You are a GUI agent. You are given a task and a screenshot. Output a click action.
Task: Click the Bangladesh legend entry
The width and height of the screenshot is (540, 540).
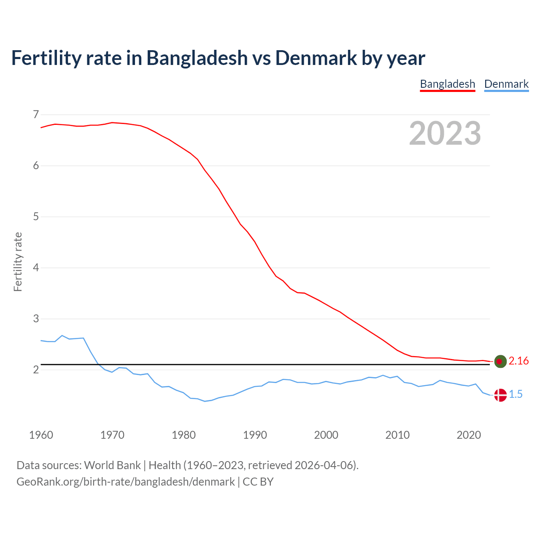click(x=447, y=84)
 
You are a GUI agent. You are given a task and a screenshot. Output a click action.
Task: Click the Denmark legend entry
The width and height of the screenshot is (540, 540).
click(x=506, y=84)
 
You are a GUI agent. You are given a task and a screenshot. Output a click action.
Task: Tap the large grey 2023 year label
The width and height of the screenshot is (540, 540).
click(x=445, y=133)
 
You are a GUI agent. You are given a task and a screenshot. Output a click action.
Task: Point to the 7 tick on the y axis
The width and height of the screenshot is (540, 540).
click(x=35, y=114)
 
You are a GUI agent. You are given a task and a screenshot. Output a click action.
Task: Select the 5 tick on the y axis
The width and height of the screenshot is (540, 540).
click(x=35, y=217)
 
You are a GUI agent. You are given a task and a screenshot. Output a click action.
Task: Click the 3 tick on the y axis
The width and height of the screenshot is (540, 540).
click(x=35, y=319)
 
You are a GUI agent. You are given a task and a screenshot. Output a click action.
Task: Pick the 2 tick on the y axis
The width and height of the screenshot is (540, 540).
click(x=35, y=370)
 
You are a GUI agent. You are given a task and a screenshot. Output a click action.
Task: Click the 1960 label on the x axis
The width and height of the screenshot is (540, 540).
click(x=41, y=435)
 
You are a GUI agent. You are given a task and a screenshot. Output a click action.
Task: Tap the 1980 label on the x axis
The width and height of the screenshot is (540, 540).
click(x=184, y=435)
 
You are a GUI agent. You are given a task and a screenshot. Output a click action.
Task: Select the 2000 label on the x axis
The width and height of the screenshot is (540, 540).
click(x=326, y=435)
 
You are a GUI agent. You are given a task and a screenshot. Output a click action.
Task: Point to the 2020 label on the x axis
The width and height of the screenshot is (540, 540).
click(x=469, y=435)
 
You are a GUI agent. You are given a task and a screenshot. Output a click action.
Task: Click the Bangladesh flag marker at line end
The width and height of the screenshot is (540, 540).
click(x=500, y=361)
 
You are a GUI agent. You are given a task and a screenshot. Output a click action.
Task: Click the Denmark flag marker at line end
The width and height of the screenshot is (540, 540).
click(x=500, y=395)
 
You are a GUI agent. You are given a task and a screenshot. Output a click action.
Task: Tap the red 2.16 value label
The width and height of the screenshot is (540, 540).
click(x=518, y=361)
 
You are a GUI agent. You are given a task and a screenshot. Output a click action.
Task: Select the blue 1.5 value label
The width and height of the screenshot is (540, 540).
click(x=516, y=394)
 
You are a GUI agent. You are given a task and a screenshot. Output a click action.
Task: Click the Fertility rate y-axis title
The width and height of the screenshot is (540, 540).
click(x=18, y=262)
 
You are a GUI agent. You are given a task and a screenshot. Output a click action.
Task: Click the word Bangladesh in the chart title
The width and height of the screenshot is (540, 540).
click(x=197, y=58)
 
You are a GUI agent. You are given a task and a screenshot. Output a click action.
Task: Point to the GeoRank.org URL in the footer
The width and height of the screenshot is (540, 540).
click(x=126, y=482)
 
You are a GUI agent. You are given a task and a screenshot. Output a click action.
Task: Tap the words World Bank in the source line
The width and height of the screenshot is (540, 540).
click(x=112, y=465)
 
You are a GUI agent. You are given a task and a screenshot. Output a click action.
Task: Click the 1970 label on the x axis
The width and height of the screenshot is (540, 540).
click(x=112, y=435)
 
